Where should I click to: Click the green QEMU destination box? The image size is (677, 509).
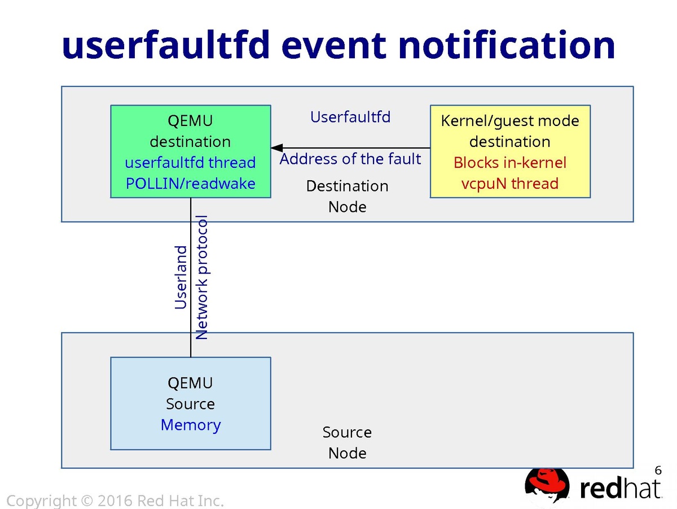190,130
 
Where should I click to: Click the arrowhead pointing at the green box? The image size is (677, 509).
276,147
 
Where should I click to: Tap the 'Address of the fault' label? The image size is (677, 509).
350,159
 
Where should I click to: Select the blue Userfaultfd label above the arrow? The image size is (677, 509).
350,117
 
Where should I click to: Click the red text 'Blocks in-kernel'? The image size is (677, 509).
510,163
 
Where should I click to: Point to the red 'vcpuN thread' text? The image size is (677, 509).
510,184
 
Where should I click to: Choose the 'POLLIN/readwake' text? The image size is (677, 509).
190,184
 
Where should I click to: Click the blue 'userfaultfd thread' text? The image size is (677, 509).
190,163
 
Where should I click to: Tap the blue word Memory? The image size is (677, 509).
190,425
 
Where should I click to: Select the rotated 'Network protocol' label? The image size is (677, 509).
202,277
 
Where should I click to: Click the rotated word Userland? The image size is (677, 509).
181,277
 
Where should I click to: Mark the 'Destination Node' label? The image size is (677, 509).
348,196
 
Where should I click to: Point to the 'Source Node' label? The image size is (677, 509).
348,442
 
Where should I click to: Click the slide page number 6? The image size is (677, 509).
658,470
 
